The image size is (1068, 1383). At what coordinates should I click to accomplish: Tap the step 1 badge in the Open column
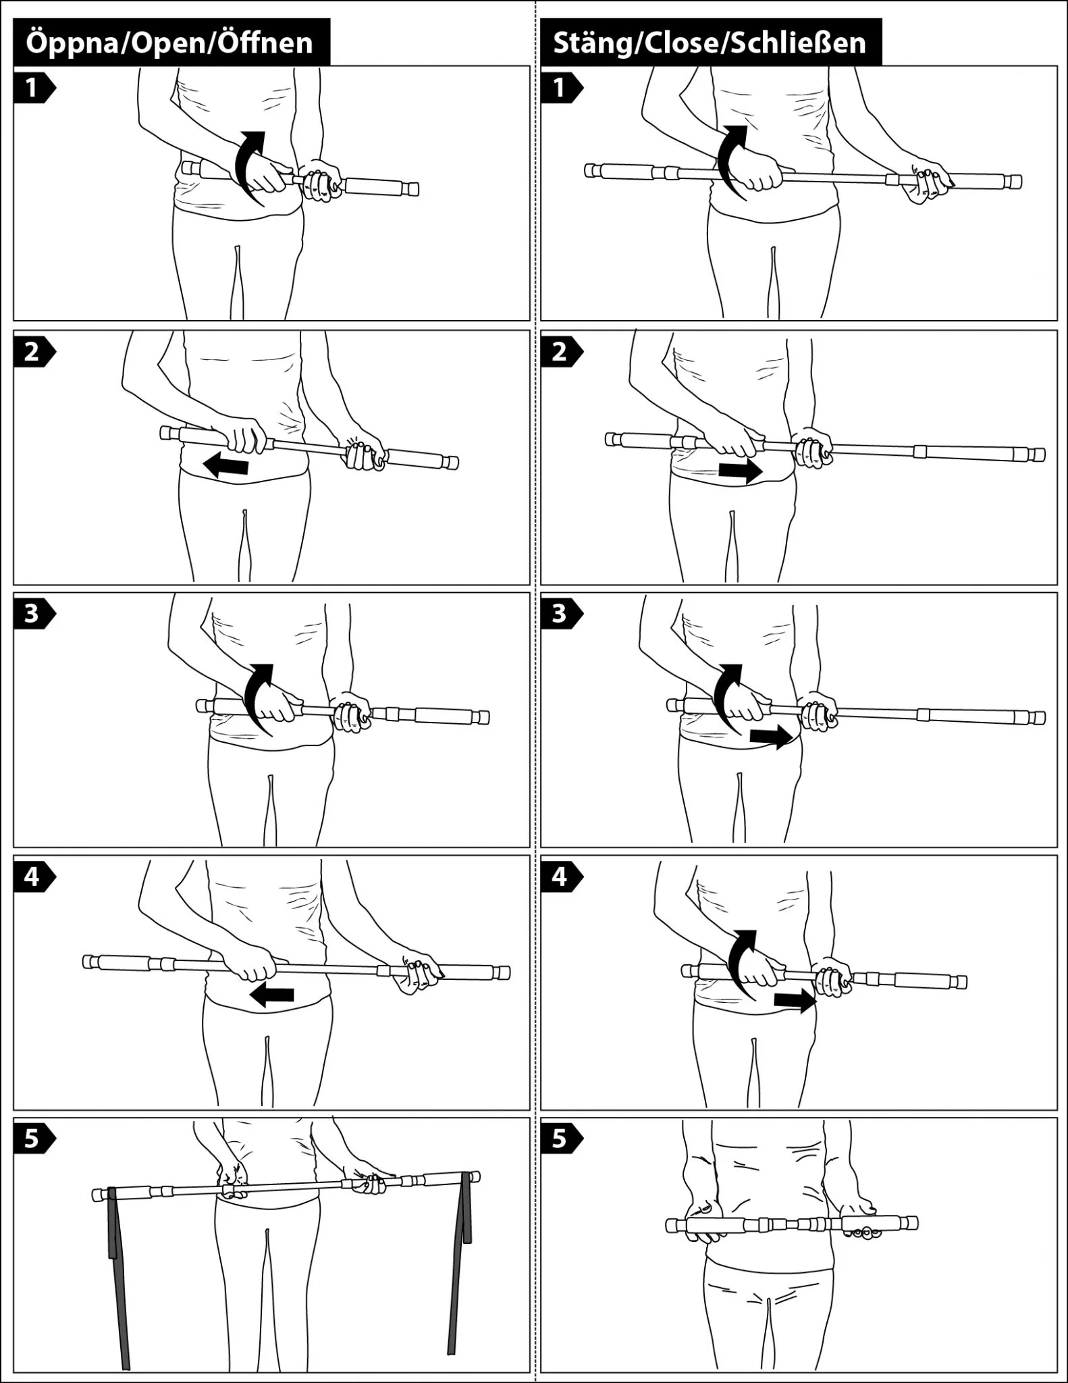pyautogui.click(x=34, y=88)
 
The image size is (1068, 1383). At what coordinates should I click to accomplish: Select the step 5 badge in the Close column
pyautogui.click(x=561, y=1139)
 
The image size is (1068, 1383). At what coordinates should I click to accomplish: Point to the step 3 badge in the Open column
pyautogui.click(x=34, y=614)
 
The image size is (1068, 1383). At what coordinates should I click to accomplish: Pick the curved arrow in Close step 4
pyautogui.click(x=741, y=964)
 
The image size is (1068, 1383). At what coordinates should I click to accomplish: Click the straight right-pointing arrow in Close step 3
pyautogui.click(x=772, y=737)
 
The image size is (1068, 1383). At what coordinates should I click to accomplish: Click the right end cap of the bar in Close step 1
pyautogui.click(x=1012, y=182)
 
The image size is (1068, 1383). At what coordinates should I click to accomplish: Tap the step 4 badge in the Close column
pyautogui.click(x=561, y=877)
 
